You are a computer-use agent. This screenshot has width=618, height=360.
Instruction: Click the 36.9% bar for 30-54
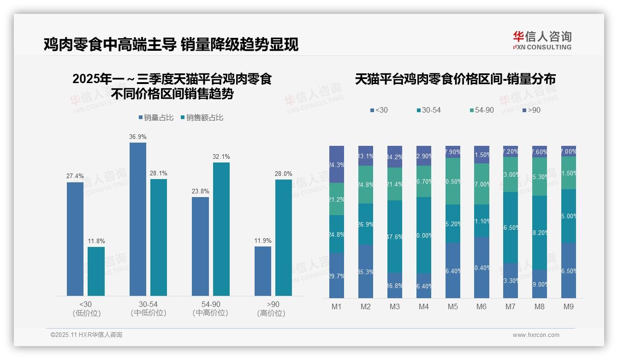point(138,219)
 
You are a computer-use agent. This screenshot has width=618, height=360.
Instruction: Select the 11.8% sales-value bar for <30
point(96,271)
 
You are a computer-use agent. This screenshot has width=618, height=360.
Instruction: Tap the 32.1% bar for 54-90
point(221,229)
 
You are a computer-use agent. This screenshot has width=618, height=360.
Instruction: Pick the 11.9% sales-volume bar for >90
point(263,271)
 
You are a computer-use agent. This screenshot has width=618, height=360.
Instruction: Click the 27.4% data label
point(75,176)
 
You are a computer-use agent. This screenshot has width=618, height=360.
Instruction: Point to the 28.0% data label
point(283,174)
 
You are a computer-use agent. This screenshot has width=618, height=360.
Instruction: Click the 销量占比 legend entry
point(156,118)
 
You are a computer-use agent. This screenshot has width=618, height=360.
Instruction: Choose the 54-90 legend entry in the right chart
point(482,110)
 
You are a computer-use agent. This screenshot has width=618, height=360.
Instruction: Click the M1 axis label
point(337,307)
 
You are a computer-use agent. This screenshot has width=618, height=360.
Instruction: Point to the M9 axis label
point(569,307)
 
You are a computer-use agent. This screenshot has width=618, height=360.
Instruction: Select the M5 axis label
point(453,307)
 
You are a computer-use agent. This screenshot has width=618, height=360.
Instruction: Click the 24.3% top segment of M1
point(337,164)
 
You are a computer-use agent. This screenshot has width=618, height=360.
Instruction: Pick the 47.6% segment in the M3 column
point(395,236)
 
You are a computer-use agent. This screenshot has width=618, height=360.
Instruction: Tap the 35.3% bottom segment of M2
point(366,271)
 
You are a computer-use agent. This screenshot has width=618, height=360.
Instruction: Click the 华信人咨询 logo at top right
point(542,40)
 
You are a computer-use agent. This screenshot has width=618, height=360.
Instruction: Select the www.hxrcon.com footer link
point(536,335)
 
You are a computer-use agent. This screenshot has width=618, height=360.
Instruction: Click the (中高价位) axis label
point(210,313)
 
